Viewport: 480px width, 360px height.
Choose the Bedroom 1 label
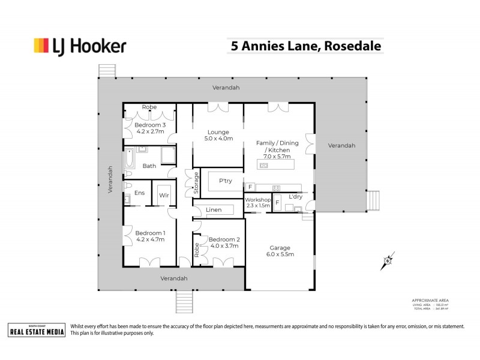click(x=150, y=236)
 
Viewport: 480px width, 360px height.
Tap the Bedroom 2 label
click(x=224, y=242)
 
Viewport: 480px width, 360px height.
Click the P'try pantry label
click(x=225, y=181)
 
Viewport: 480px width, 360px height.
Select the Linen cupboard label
click(x=214, y=210)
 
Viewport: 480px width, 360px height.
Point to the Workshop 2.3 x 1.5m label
click(x=257, y=203)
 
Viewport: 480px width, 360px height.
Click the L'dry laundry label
click(x=295, y=197)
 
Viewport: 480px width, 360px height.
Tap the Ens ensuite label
click(x=139, y=193)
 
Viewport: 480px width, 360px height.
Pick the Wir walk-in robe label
click(x=163, y=195)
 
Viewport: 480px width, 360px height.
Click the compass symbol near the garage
click(x=388, y=260)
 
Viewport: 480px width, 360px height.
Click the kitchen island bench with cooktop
click(x=277, y=164)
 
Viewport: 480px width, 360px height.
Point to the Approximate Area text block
click(x=430, y=304)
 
